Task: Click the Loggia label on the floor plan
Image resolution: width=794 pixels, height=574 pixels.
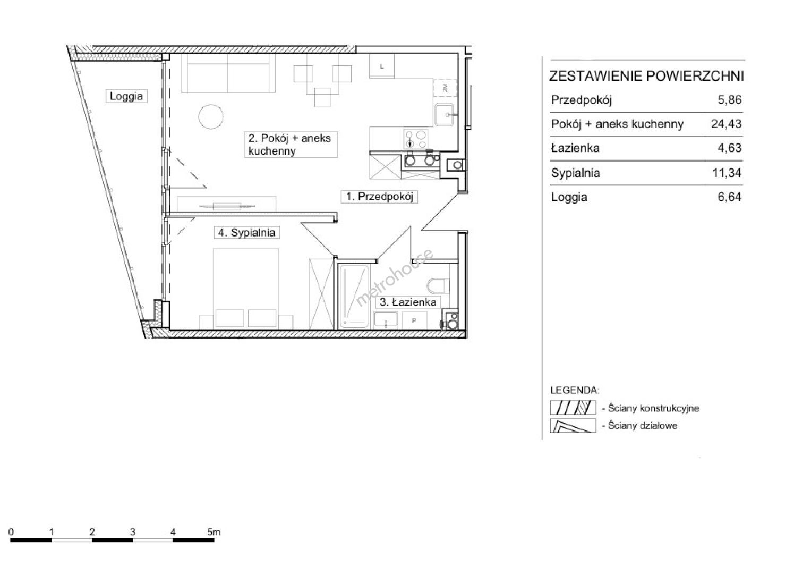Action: click(x=126, y=96)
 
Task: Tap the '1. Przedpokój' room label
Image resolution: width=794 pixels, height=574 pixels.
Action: click(x=379, y=197)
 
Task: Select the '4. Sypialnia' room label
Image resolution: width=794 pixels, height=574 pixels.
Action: click(x=247, y=233)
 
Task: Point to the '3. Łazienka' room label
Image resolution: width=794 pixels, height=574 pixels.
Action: click(x=408, y=302)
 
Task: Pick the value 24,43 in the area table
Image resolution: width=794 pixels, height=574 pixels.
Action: click(x=726, y=124)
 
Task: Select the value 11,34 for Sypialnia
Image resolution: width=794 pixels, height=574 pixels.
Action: click(x=727, y=173)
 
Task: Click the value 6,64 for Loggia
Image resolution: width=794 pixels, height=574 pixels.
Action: click(x=729, y=197)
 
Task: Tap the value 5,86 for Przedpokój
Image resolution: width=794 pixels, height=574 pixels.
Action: click(x=729, y=100)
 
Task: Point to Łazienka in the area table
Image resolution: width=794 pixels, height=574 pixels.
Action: click(x=575, y=148)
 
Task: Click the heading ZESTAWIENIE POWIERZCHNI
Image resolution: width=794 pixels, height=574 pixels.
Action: click(x=646, y=77)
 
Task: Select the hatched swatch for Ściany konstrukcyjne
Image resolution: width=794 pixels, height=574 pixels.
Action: click(x=573, y=408)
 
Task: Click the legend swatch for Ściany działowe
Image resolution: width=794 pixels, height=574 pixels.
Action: click(x=573, y=426)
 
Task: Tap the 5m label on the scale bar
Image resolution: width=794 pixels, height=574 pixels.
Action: click(x=214, y=532)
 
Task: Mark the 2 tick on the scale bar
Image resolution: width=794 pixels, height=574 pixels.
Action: click(x=92, y=532)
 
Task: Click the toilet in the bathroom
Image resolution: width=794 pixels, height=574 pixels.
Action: click(x=438, y=286)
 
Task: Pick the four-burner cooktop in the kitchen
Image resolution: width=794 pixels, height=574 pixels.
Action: click(x=416, y=139)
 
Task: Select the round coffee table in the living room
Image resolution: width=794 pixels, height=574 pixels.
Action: click(x=211, y=117)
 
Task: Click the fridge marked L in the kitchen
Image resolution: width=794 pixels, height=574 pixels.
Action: click(x=382, y=66)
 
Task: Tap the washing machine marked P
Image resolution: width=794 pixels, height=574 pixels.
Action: click(x=414, y=320)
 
